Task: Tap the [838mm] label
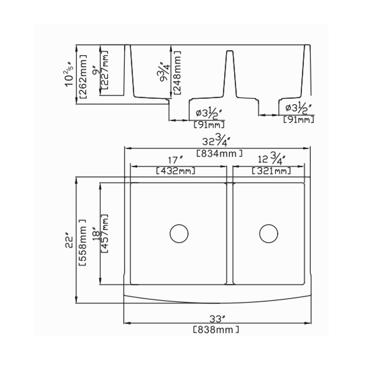(x=216, y=330)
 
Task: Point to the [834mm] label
(x=219, y=153)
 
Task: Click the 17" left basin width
(x=175, y=160)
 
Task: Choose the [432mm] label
(x=175, y=171)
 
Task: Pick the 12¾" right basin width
(x=271, y=159)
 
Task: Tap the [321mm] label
(x=271, y=171)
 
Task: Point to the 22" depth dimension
(x=69, y=241)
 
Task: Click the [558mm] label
(x=83, y=243)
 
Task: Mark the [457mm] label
(x=104, y=233)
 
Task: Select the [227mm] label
(x=104, y=70)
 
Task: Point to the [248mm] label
(x=177, y=73)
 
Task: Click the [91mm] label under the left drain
(x=209, y=125)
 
